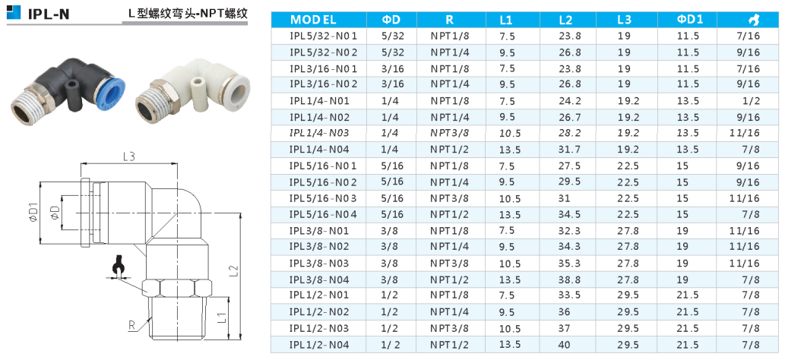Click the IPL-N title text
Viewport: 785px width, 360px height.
(x=49, y=12)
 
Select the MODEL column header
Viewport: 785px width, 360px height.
(x=313, y=20)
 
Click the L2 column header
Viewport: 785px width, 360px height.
(x=565, y=20)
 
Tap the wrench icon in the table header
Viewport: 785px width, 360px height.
(x=752, y=20)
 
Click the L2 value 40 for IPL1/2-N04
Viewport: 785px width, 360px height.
(x=564, y=345)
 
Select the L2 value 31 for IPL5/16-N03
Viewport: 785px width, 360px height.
(x=564, y=198)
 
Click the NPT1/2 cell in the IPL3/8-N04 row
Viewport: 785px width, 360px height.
(x=451, y=279)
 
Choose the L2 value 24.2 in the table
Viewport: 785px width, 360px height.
(x=570, y=101)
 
